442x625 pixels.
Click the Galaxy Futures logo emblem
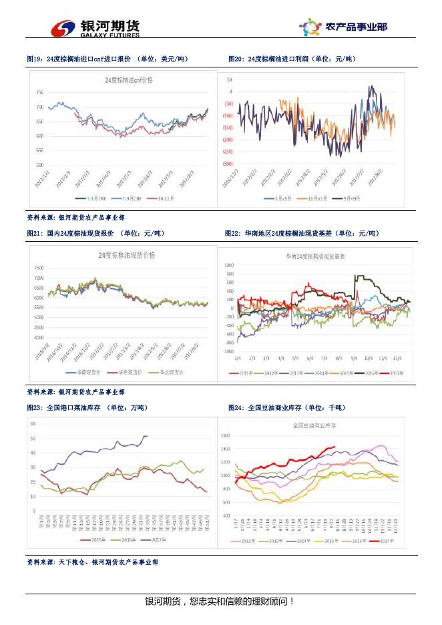click(64, 28)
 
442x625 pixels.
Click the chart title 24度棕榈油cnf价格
click(129, 79)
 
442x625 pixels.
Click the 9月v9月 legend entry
click(352, 198)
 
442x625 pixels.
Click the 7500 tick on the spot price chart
click(39, 267)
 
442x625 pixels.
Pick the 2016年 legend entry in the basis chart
click(365, 374)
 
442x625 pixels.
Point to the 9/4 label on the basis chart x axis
click(353, 359)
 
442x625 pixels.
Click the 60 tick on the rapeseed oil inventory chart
click(33, 423)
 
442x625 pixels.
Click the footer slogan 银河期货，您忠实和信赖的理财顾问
click(220, 602)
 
